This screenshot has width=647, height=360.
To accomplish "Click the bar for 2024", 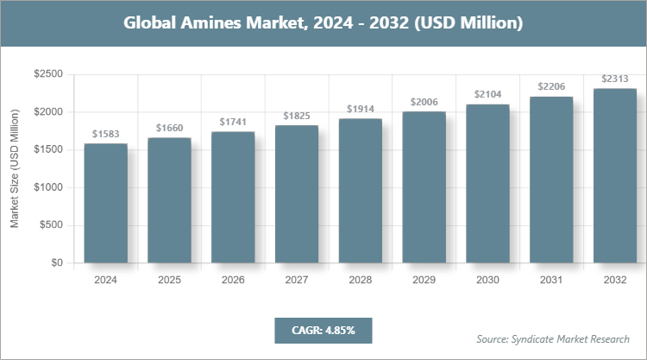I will [x=106, y=204].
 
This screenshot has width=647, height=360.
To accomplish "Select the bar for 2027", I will [x=297, y=194].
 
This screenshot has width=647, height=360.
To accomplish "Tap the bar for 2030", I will [x=487, y=184].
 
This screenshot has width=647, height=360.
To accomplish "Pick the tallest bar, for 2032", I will [x=615, y=176].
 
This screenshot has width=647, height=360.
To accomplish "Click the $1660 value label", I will [x=170, y=129].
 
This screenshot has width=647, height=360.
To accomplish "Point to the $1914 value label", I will [x=361, y=109].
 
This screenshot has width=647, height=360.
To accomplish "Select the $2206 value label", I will [x=551, y=87].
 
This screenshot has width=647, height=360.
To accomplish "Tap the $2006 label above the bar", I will [x=424, y=102].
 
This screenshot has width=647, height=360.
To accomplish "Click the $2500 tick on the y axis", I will [x=47, y=75].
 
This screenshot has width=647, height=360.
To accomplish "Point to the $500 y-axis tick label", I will [x=50, y=225].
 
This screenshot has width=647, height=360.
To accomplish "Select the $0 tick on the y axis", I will [x=55, y=263].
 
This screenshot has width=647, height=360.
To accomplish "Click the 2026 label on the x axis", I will [x=233, y=281].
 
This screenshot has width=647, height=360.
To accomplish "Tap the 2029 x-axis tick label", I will [x=424, y=281].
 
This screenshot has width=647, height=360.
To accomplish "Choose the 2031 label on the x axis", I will [x=551, y=281].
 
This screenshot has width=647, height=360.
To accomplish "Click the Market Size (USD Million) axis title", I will [x=15, y=168].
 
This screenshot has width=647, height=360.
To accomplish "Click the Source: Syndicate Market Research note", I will [x=553, y=338].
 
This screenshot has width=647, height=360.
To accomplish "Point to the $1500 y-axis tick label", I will [x=47, y=150].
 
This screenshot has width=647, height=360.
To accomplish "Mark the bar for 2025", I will [x=170, y=200].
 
